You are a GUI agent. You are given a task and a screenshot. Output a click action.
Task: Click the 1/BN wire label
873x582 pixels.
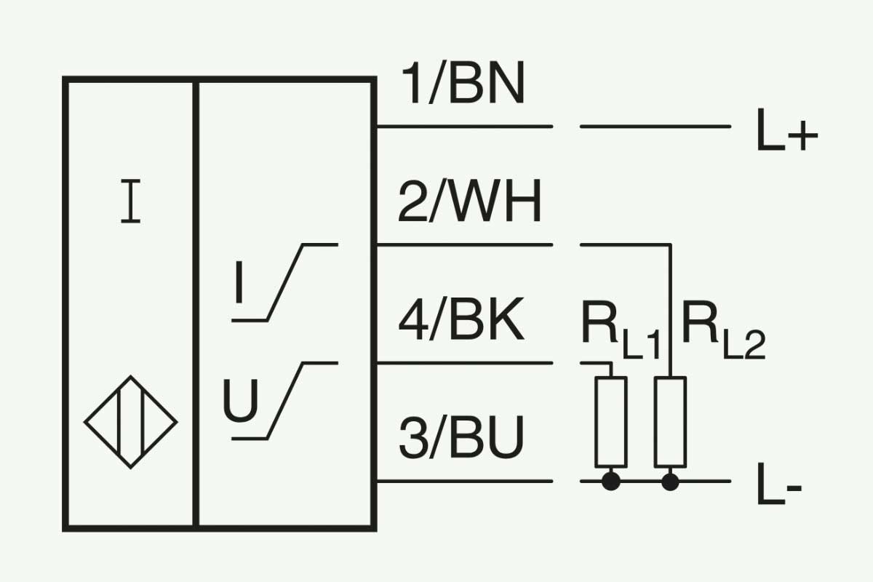(x=463, y=84)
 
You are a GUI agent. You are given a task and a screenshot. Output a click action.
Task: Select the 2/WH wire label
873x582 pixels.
(x=470, y=201)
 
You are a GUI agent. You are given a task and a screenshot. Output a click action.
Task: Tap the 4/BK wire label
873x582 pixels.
(x=461, y=319)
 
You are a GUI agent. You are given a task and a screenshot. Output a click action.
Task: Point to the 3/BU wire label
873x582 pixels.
(x=461, y=437)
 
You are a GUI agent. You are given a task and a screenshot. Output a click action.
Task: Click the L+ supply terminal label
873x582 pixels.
(x=787, y=129)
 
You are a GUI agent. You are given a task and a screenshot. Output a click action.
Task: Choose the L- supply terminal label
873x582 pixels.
(x=779, y=484)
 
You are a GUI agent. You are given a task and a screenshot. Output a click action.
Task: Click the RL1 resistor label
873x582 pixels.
(x=621, y=330)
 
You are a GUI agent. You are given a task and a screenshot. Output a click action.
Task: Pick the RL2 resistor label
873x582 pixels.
(x=723, y=330)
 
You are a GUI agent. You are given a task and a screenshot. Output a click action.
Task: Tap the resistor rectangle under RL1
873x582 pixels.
(x=610, y=422)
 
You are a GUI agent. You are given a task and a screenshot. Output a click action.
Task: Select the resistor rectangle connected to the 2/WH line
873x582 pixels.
(x=670, y=422)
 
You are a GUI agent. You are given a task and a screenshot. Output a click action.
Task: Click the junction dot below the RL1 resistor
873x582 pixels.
(x=610, y=482)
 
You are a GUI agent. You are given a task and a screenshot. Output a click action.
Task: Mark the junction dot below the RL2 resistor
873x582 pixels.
(x=670, y=482)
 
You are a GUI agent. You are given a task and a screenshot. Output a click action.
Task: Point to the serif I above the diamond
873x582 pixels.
(x=130, y=201)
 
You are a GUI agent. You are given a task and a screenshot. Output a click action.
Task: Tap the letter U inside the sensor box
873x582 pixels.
(x=241, y=401)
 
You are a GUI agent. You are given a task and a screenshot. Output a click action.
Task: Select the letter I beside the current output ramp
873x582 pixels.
(x=239, y=282)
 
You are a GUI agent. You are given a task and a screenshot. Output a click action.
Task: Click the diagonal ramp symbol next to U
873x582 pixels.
(x=285, y=401)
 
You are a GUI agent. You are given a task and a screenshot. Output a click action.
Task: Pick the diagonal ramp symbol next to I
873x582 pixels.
(x=285, y=282)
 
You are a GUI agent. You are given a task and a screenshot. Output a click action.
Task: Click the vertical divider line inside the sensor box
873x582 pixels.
(x=196, y=304)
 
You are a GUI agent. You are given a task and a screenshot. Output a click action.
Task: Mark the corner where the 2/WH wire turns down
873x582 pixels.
(x=670, y=245)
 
